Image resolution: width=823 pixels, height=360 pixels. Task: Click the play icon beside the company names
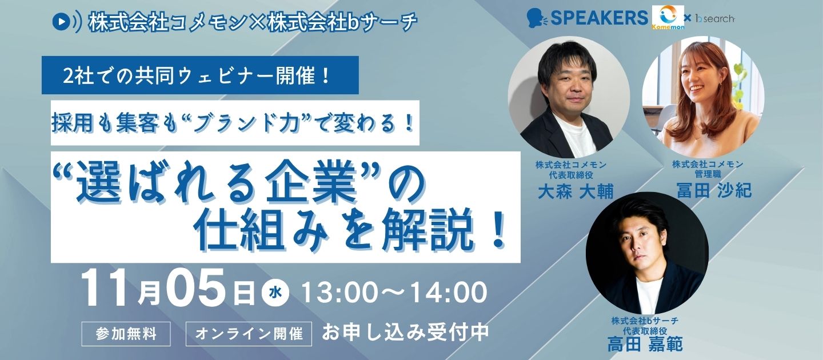(61, 21)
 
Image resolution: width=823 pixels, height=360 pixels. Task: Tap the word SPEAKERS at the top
(599, 18)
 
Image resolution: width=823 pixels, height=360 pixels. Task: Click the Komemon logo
(668, 18)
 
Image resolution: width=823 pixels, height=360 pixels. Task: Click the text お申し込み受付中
(405, 333)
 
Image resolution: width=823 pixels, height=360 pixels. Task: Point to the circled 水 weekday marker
(275, 293)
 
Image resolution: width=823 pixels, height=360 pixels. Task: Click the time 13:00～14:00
(394, 293)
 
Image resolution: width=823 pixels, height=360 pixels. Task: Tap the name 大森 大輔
(576, 191)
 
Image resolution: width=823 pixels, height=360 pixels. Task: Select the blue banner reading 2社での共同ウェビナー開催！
(200, 75)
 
